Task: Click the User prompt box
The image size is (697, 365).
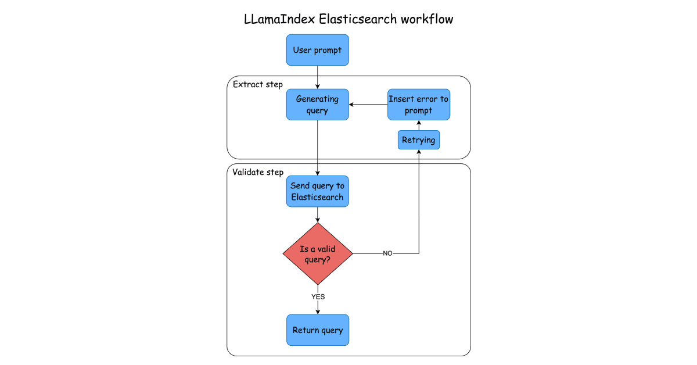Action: click(x=317, y=50)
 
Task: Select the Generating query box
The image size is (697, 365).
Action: click(x=317, y=105)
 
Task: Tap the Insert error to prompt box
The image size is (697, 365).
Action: click(x=418, y=105)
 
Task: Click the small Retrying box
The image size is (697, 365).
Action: click(x=418, y=140)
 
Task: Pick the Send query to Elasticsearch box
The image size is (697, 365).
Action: click(x=317, y=191)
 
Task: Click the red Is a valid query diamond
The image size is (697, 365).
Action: click(x=317, y=254)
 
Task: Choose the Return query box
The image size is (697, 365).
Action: click(x=317, y=330)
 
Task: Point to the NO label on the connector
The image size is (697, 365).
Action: click(x=387, y=254)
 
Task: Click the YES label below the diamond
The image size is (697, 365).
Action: click(x=318, y=296)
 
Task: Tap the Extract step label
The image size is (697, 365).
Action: click(x=257, y=85)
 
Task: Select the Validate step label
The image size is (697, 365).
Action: click(x=258, y=172)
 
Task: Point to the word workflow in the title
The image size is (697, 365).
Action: click(x=427, y=19)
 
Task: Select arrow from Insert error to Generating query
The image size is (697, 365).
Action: click(x=368, y=105)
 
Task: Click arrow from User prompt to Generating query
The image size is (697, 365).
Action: click(x=317, y=77)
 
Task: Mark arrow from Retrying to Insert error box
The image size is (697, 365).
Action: click(x=418, y=126)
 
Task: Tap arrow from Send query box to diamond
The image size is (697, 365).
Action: click(x=317, y=214)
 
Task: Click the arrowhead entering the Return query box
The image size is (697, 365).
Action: click(x=317, y=312)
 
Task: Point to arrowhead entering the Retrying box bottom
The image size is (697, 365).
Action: click(x=418, y=153)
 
